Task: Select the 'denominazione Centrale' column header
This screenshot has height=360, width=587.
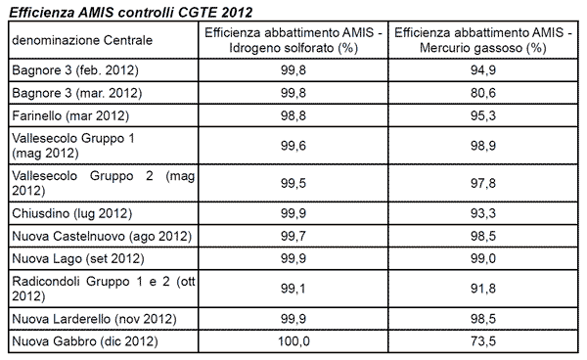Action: pyautogui.click(x=73, y=40)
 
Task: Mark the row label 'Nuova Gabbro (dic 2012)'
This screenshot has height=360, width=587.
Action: pyautogui.click(x=84, y=340)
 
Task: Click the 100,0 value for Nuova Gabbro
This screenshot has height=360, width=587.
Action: pyautogui.click(x=293, y=340)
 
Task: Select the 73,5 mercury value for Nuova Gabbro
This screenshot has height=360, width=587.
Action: pyautogui.click(x=482, y=340)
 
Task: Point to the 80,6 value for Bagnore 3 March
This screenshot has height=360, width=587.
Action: pyautogui.click(x=482, y=93)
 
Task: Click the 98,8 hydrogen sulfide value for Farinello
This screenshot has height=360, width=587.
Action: pyautogui.click(x=293, y=116)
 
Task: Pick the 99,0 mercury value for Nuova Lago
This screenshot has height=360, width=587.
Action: pyautogui.click(x=482, y=259)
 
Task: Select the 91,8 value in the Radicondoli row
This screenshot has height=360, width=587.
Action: pyautogui.click(x=482, y=289)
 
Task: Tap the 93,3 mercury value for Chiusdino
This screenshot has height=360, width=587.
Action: pyautogui.click(x=482, y=212)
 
